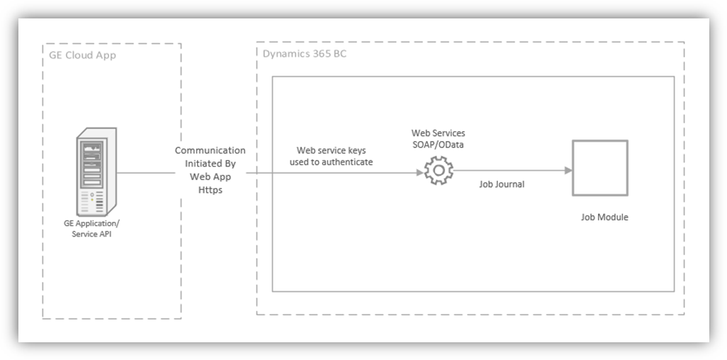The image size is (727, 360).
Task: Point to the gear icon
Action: tap(439, 170)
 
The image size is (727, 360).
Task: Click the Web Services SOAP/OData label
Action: tap(439, 139)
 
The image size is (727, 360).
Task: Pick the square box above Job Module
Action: tap(599, 168)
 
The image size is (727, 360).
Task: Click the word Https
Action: tap(210, 190)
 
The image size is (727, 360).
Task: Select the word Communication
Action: tap(210, 150)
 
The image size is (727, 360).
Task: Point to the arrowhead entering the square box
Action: tap(568, 170)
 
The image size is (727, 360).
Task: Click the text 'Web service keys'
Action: tap(332, 151)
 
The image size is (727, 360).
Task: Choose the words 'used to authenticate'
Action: tap(332, 163)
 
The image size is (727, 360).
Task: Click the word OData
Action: tap(451, 145)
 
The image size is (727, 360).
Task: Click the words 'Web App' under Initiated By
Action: tap(210, 176)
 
